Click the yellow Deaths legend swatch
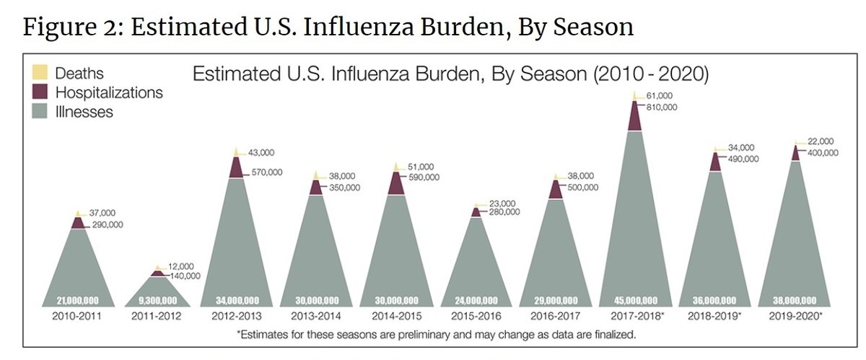40,72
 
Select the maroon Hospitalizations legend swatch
40,92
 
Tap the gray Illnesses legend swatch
40,111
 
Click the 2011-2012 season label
157,315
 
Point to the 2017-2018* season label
637,315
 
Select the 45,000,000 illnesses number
634,300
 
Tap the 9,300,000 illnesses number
157,300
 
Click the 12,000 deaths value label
180,265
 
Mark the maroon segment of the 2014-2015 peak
395,183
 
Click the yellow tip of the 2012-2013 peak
236,152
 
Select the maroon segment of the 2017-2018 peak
634,116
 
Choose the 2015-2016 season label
475,315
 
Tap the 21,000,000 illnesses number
77,300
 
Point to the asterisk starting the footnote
239,335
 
